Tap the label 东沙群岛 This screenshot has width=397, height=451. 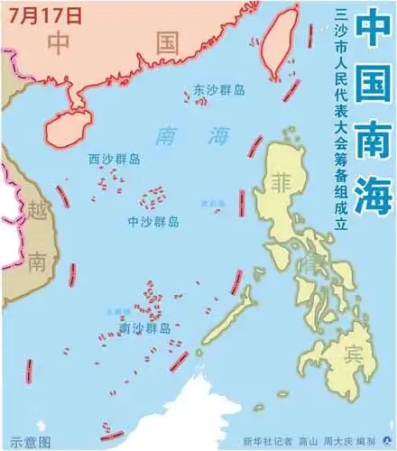point(217,90)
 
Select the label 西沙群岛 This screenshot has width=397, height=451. point(115,159)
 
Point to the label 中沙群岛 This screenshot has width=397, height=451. point(152,221)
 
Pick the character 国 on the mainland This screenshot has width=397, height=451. point(168,42)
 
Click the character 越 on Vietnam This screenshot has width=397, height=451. point(39,213)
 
